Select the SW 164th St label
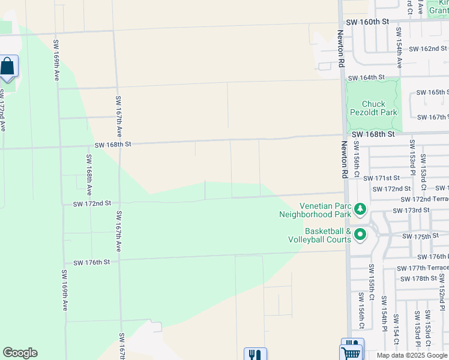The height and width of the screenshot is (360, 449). [366, 77]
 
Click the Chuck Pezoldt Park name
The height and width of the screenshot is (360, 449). [372, 108]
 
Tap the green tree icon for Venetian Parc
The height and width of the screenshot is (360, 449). [360, 209]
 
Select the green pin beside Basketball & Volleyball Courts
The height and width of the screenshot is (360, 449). [360, 235]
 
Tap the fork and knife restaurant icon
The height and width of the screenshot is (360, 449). [255, 355]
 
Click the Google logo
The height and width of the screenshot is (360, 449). [20, 353]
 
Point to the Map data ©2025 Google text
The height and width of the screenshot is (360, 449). [412, 355]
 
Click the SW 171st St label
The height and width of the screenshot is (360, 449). [381, 178]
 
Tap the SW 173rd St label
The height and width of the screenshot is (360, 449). [411, 211]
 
